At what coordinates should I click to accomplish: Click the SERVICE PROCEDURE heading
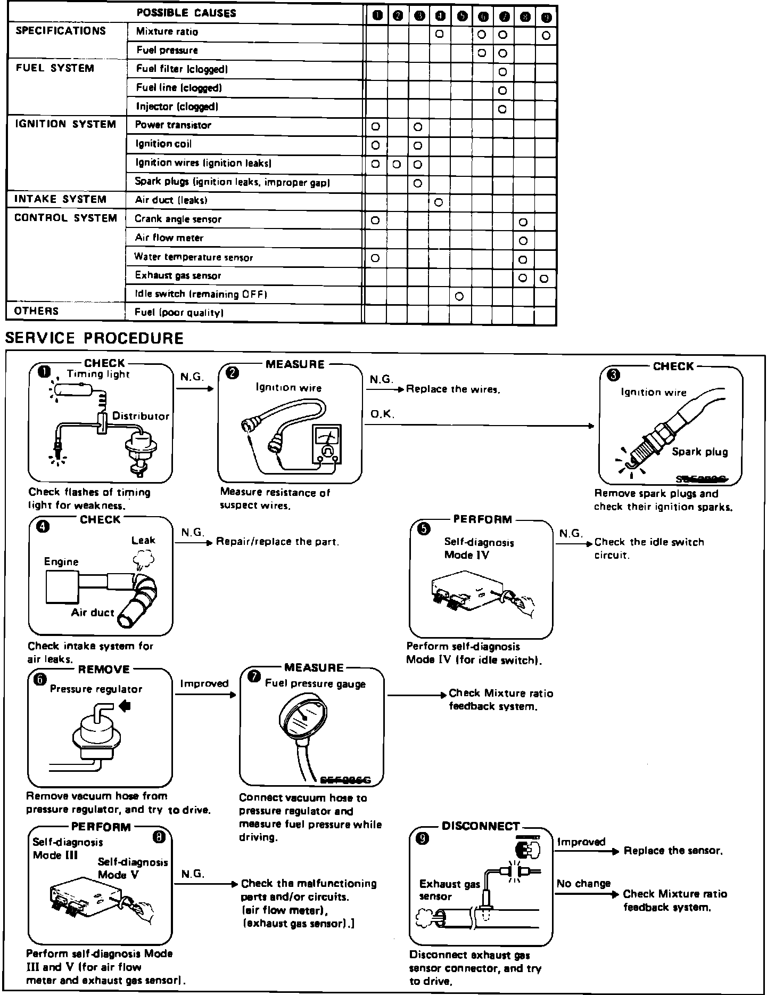point(94,338)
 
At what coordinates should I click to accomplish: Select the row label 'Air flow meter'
point(169,238)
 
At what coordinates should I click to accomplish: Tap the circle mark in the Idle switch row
point(459,297)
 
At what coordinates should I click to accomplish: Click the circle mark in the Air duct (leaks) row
point(439,202)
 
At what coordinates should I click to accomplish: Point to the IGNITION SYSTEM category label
point(65,124)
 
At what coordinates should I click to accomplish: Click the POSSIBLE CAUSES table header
point(186,13)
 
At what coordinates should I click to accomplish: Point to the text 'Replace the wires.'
point(453,389)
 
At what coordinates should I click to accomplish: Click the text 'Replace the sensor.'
point(673,851)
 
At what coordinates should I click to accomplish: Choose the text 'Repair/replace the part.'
point(277,542)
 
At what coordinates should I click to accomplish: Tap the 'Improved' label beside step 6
point(204,683)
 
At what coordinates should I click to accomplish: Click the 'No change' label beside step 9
point(583,884)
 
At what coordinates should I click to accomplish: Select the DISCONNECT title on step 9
point(480,826)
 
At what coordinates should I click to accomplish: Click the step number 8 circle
point(159,838)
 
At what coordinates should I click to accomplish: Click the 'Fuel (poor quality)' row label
point(178,313)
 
